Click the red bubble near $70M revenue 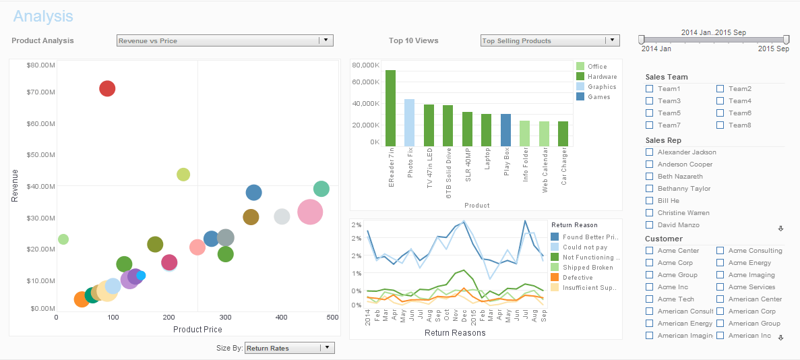click(x=107, y=88)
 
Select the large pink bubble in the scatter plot click(x=310, y=212)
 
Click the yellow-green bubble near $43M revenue click(x=183, y=175)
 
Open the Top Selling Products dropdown click(x=612, y=40)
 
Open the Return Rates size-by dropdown click(x=326, y=348)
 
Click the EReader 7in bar click(x=390, y=108)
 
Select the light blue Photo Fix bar click(x=409, y=122)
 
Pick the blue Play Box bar click(x=505, y=129)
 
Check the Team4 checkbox click(x=720, y=101)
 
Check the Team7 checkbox click(x=649, y=125)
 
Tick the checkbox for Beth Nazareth click(x=649, y=177)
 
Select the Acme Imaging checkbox click(x=720, y=275)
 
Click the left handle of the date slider click(x=642, y=40)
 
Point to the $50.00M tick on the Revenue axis click(x=41, y=155)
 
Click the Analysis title click(x=43, y=16)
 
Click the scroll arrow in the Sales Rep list click(x=780, y=229)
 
